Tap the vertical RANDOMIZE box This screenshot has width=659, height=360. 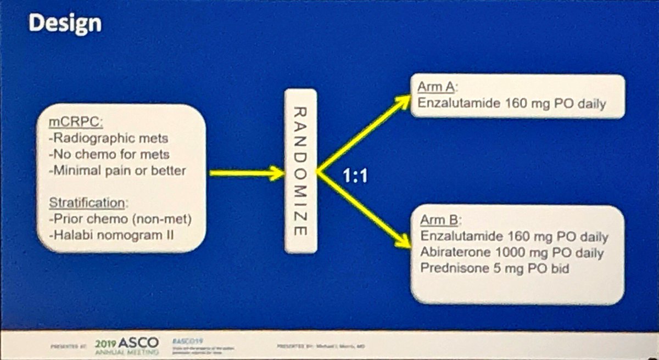click(x=300, y=171)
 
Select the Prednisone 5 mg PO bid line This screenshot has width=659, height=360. click(x=502, y=269)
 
